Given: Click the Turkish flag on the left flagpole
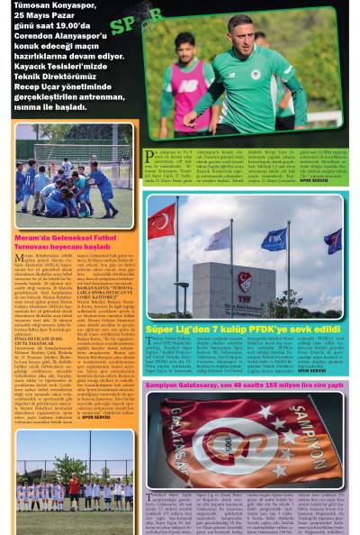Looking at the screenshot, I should tap(162, 221).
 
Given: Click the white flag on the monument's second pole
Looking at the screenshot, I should tap(219, 239).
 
